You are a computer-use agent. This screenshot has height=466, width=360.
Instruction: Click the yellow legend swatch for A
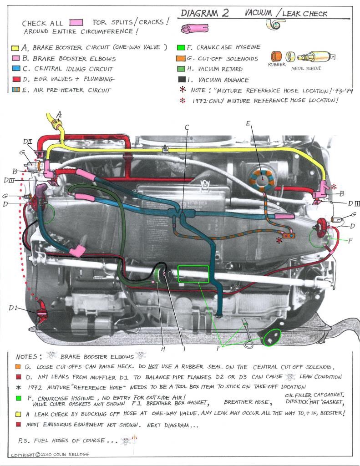pyautogui.click(x=15, y=47)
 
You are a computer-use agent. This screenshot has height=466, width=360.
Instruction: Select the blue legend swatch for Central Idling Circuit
pyautogui.click(x=15, y=69)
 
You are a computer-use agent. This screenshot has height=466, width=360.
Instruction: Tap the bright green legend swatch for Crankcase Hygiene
pyautogui.click(x=181, y=47)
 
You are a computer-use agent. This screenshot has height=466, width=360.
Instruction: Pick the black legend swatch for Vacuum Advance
pyautogui.click(x=181, y=80)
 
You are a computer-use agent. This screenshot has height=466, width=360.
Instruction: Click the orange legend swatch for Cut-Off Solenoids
pyautogui.click(x=181, y=58)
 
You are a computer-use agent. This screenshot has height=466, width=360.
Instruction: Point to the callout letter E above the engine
pyautogui.click(x=248, y=123)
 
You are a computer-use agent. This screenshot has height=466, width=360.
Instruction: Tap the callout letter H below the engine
pyautogui.click(x=163, y=349)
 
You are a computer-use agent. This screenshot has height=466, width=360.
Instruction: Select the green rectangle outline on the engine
pyautogui.click(x=193, y=274)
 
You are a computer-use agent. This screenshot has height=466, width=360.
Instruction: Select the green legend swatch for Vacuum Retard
pyautogui.click(x=181, y=69)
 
